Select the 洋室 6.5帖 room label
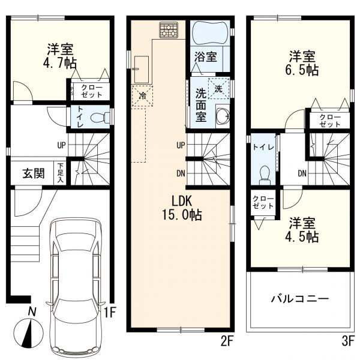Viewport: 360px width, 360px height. [x=302, y=63]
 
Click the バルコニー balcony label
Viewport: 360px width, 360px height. [x=299, y=298]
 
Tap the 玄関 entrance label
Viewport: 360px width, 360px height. [x=33, y=173]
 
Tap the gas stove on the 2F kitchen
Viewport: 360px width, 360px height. [x=169, y=29]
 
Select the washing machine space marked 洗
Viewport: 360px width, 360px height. [x=218, y=88]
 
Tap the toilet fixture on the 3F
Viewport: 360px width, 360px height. [x=263, y=175]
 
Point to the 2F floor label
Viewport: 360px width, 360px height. [x=226, y=342]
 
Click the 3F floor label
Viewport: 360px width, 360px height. [x=347, y=342]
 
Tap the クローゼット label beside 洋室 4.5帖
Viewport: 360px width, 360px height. [x=262, y=202]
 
